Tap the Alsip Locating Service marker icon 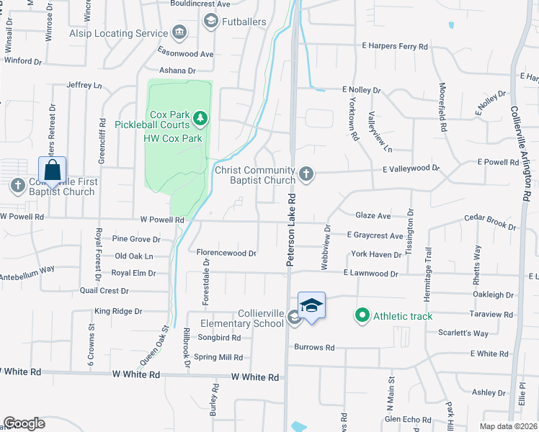179,32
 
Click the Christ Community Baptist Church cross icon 306,173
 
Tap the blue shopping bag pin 52,171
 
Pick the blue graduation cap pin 311,305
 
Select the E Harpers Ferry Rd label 395,46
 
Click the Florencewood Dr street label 226,253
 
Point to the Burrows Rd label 314,347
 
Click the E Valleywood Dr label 410,168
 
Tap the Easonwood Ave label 187,54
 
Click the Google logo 24,423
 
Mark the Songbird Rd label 223,337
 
